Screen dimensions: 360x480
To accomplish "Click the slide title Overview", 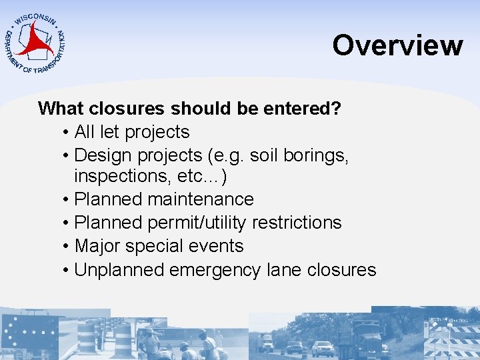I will (397, 45).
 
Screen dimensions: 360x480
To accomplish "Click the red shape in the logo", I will (35, 41).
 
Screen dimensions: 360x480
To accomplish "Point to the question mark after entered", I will (335, 109).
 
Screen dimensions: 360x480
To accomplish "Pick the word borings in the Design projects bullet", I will (318, 155).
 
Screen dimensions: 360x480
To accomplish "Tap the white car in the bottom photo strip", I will (323, 347).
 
